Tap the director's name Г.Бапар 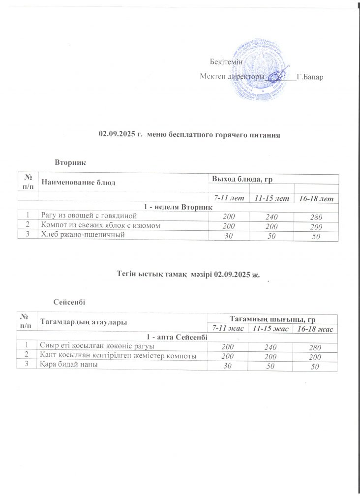point(310,77)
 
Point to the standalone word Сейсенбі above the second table point(69,301)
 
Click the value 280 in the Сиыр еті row point(317,348)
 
